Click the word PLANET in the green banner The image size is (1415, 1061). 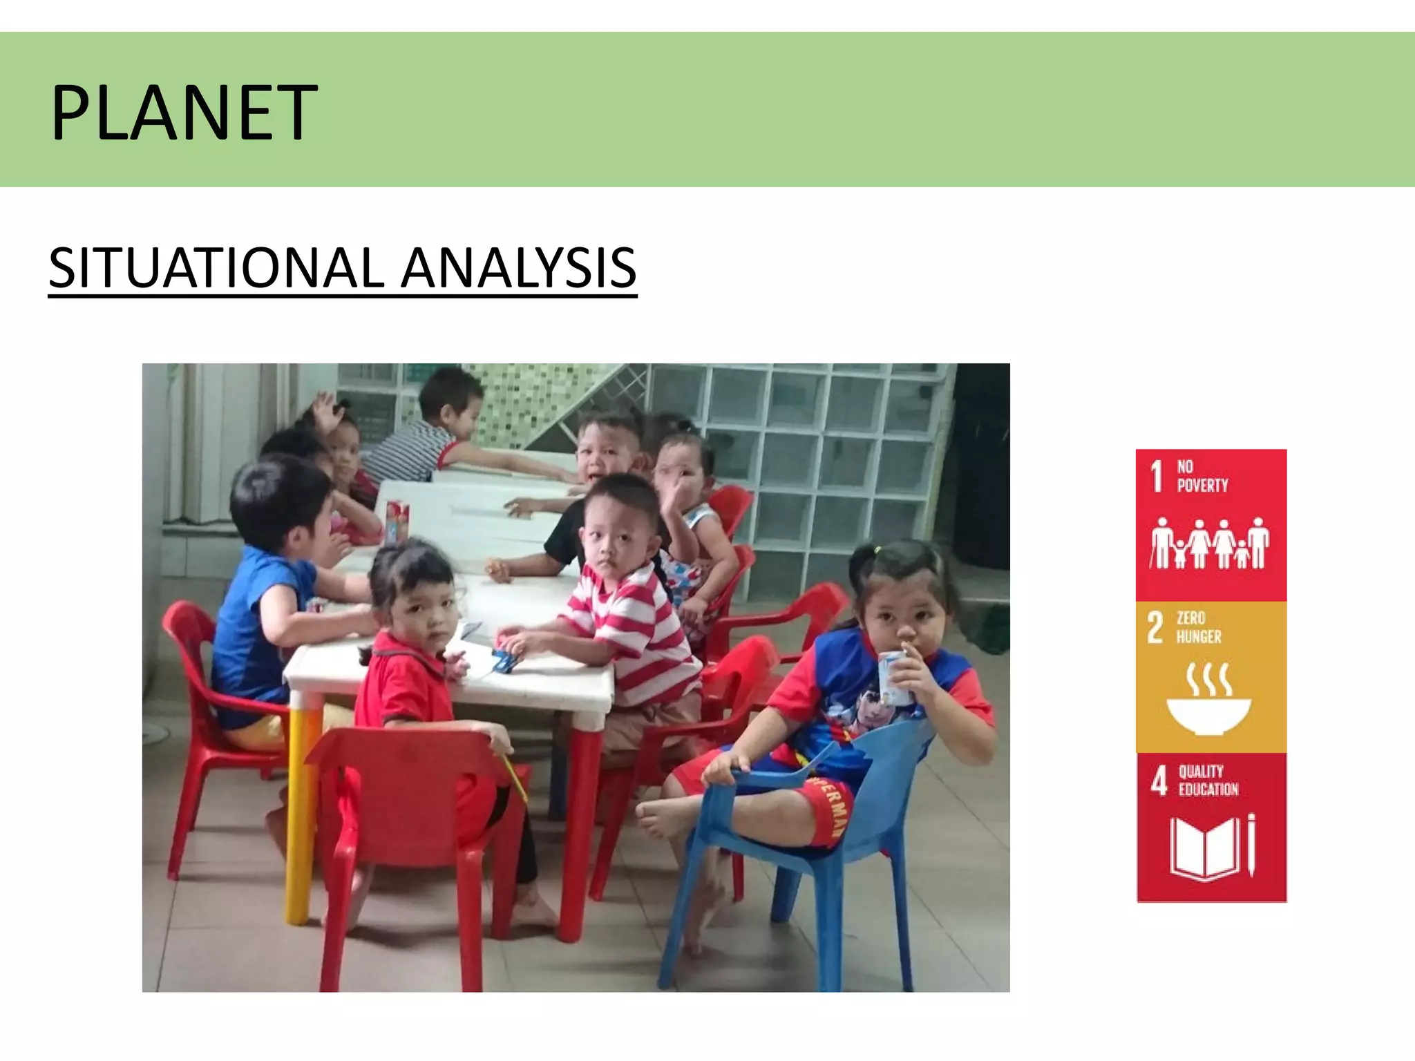(184, 113)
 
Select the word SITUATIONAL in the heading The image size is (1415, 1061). (216, 268)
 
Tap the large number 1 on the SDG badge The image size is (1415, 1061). (1157, 477)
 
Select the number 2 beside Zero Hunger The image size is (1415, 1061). (1155, 628)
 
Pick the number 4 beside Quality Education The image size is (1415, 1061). (1159, 781)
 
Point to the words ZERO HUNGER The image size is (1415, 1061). (1199, 628)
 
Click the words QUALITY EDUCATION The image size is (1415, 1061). (1208, 781)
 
